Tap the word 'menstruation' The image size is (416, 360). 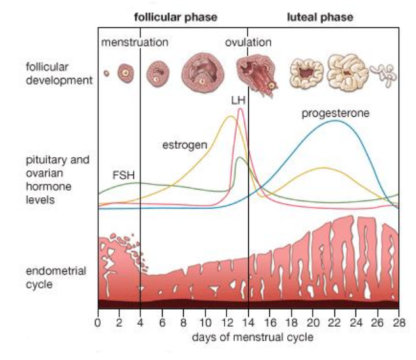point(135,42)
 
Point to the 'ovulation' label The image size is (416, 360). point(248,42)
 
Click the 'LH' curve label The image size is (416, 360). point(238,101)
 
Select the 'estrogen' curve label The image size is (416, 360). point(184,146)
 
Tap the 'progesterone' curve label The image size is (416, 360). point(336,114)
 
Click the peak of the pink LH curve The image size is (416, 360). point(240,109)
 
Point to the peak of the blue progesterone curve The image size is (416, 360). point(334,121)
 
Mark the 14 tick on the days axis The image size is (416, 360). point(248,322)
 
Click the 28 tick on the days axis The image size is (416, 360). point(399,322)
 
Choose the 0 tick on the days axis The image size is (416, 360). point(98,322)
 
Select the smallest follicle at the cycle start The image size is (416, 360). point(107,73)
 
